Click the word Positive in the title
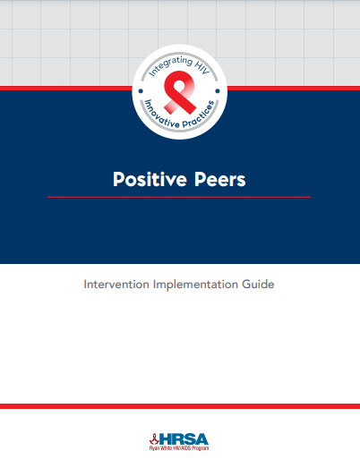click(150, 179)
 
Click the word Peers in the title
click(220, 179)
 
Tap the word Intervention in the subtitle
click(116, 285)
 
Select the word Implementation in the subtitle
click(196, 285)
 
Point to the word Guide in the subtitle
click(258, 285)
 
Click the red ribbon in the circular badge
click(180, 92)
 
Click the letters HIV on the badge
click(202, 67)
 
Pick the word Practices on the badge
click(200, 115)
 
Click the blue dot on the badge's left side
click(141, 91)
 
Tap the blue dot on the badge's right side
click(218, 91)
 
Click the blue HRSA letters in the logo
click(184, 439)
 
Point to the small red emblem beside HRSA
click(154, 439)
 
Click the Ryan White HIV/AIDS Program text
click(179, 448)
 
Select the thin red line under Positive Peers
click(179, 197)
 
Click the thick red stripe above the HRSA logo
click(180, 406)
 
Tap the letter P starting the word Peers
click(200, 179)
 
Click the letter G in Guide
click(246, 285)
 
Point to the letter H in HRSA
click(166, 439)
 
